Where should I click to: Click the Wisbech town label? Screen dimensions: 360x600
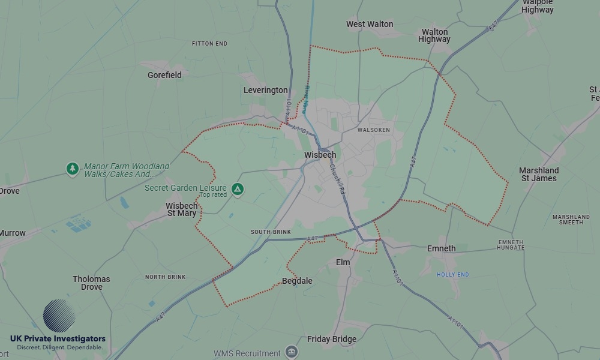pyautogui.click(x=320, y=155)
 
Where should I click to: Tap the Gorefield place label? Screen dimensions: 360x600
pyautogui.click(x=164, y=76)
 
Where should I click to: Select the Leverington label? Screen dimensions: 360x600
pyautogui.click(x=265, y=90)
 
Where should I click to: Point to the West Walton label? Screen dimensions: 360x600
pyautogui.click(x=370, y=24)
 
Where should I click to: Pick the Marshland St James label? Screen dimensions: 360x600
pyautogui.click(x=539, y=174)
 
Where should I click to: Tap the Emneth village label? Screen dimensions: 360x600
pyautogui.click(x=441, y=248)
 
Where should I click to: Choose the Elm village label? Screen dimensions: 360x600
pyautogui.click(x=343, y=262)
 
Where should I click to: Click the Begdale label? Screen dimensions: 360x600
pyautogui.click(x=297, y=281)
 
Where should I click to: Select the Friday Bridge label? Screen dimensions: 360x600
pyautogui.click(x=331, y=339)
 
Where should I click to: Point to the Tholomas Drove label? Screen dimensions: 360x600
pyautogui.click(x=91, y=283)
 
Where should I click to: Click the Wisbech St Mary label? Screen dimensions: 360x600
pyautogui.click(x=181, y=209)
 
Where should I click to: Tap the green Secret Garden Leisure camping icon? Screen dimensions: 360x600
pyautogui.click(x=238, y=189)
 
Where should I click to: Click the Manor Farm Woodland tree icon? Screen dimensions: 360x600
pyautogui.click(x=73, y=169)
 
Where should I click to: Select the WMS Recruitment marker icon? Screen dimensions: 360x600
pyautogui.click(x=292, y=352)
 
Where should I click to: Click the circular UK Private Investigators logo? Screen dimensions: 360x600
pyautogui.click(x=59, y=316)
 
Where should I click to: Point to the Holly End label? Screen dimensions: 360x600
pyautogui.click(x=452, y=275)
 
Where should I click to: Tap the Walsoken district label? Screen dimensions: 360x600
pyautogui.click(x=373, y=130)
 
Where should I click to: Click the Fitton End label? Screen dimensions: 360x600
pyautogui.click(x=209, y=44)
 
